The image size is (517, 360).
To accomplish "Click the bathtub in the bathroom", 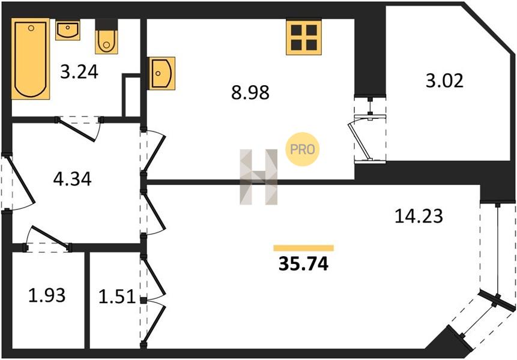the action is pyautogui.click(x=31, y=59).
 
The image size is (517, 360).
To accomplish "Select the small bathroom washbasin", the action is pyautogui.click(x=68, y=30).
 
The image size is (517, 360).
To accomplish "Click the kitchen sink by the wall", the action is pyautogui.click(x=162, y=73).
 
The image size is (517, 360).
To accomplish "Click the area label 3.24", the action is pyautogui.click(x=79, y=72).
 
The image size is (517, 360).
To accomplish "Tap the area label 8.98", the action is pyautogui.click(x=250, y=92).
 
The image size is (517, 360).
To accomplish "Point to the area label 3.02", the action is pyautogui.click(x=444, y=80).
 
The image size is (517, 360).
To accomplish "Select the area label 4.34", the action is pyautogui.click(x=72, y=179).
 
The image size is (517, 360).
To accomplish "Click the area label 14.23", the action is pyautogui.click(x=419, y=217).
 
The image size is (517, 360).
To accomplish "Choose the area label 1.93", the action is pyautogui.click(x=47, y=295).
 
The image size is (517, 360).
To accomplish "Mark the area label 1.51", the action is pyautogui.click(x=117, y=296).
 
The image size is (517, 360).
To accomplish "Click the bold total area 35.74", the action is pyautogui.click(x=303, y=263).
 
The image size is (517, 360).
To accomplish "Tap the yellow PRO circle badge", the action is pyautogui.click(x=303, y=149).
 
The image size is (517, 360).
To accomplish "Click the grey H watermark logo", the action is pyautogui.click(x=259, y=177).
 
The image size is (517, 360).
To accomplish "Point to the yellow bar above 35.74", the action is pyautogui.click(x=304, y=248).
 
